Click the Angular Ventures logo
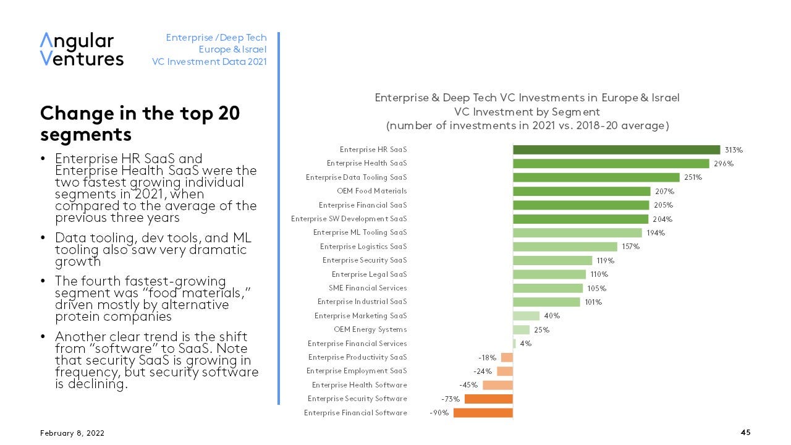[82, 49]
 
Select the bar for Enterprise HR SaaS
[616, 150]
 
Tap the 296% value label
[724, 164]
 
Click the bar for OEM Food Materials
[582, 192]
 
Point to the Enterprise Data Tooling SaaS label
[357, 177]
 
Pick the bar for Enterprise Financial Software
[483, 413]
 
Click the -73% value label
[450, 399]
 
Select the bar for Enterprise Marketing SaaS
[526, 316]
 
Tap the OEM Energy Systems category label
[370, 329]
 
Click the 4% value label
[525, 344]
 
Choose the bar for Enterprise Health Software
[497, 385]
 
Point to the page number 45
[745, 433]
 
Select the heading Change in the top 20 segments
[140, 124]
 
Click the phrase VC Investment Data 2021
[209, 61]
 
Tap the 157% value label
[630, 247]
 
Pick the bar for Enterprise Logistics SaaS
[565, 247]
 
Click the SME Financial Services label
[368, 288]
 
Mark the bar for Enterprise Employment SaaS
[505, 371]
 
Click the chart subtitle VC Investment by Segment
[527, 112]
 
